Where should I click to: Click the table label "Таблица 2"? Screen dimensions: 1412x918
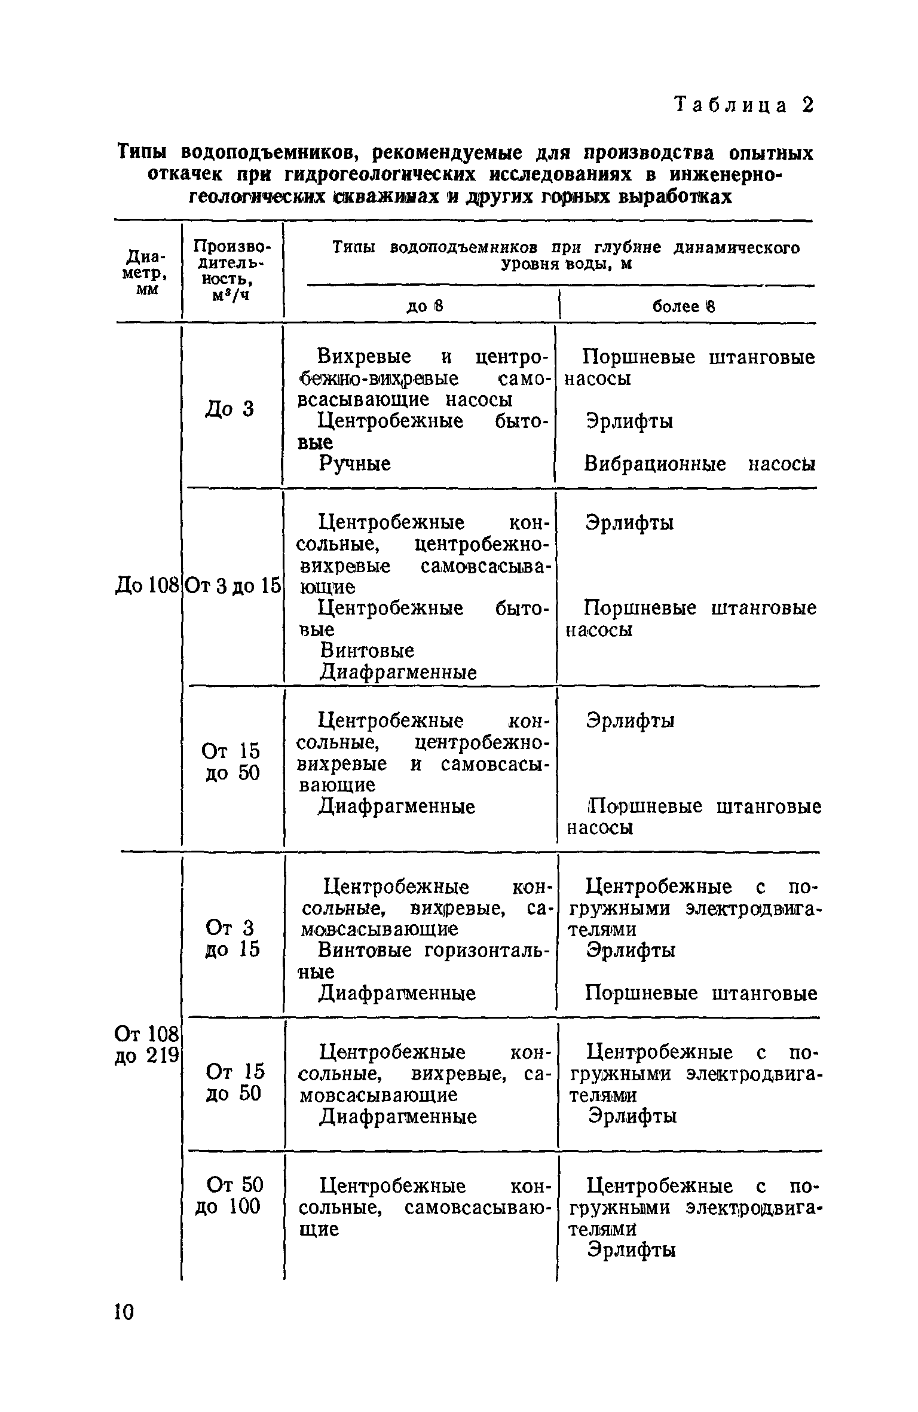tap(743, 105)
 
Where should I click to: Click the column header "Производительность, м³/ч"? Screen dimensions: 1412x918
tap(231, 270)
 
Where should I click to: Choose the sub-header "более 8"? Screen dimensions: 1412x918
tap(683, 307)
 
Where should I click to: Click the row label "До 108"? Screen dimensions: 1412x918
tap(147, 586)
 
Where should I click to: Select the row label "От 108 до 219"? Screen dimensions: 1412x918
tap(147, 1044)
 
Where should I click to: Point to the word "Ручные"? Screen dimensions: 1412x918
tap(355, 463)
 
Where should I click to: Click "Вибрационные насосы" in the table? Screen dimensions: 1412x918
tap(699, 464)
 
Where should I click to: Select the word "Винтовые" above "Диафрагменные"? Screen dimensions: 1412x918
tap(367, 650)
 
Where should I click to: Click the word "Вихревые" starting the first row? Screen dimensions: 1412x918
tap(364, 357)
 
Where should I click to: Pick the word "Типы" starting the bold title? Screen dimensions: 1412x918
tap(145, 153)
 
